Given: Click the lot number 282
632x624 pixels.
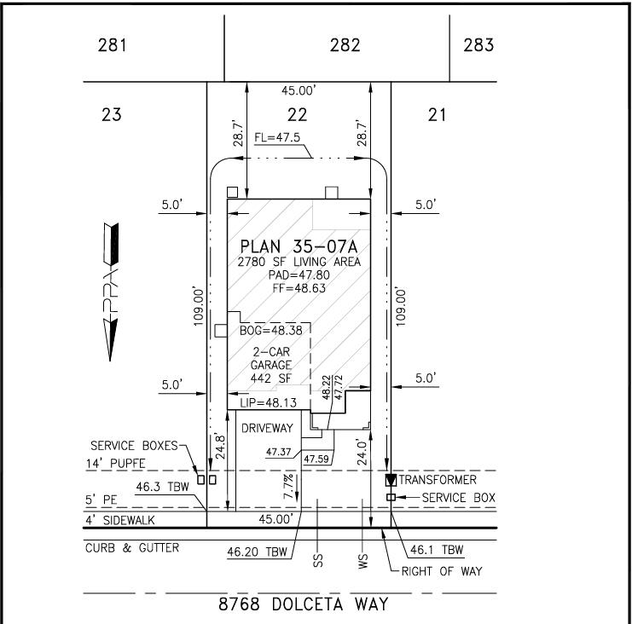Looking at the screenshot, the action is (345, 44).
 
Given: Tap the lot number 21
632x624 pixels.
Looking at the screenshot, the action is (438, 115).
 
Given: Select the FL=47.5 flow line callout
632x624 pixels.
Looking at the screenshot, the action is (277, 138).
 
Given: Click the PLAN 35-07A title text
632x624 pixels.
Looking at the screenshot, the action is (299, 246).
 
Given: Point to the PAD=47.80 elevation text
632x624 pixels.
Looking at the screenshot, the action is (299, 275).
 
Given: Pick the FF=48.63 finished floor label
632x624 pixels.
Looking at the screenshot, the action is (299, 288).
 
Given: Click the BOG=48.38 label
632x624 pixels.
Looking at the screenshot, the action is (271, 331).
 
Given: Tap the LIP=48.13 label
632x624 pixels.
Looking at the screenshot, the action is (269, 402).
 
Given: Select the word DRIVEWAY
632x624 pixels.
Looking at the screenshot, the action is (267, 428).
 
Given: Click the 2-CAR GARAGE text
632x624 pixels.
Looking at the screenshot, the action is (271, 359).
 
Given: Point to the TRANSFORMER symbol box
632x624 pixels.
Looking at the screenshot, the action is (391, 480).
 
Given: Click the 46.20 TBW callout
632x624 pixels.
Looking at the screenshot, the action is (258, 552).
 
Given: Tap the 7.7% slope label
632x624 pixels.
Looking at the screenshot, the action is (288, 487).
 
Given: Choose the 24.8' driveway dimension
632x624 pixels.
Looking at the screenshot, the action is (220, 447).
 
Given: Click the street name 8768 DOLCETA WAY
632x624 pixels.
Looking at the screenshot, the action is (304, 604).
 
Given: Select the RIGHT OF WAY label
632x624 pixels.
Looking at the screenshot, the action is (442, 571).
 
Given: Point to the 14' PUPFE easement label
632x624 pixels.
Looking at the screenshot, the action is (115, 463).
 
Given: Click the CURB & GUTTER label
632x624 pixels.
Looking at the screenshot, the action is (132, 548).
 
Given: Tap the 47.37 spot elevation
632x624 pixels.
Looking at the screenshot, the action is (278, 452).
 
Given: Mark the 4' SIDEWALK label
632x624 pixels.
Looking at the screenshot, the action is (120, 520).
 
